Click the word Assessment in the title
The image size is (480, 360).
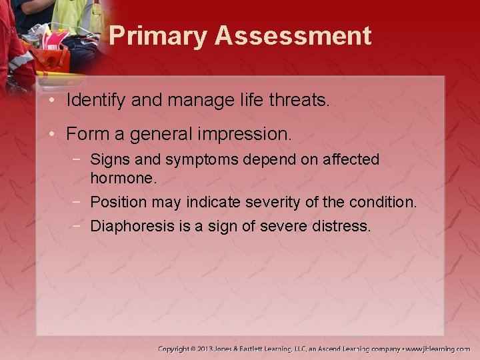coord(293,35)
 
